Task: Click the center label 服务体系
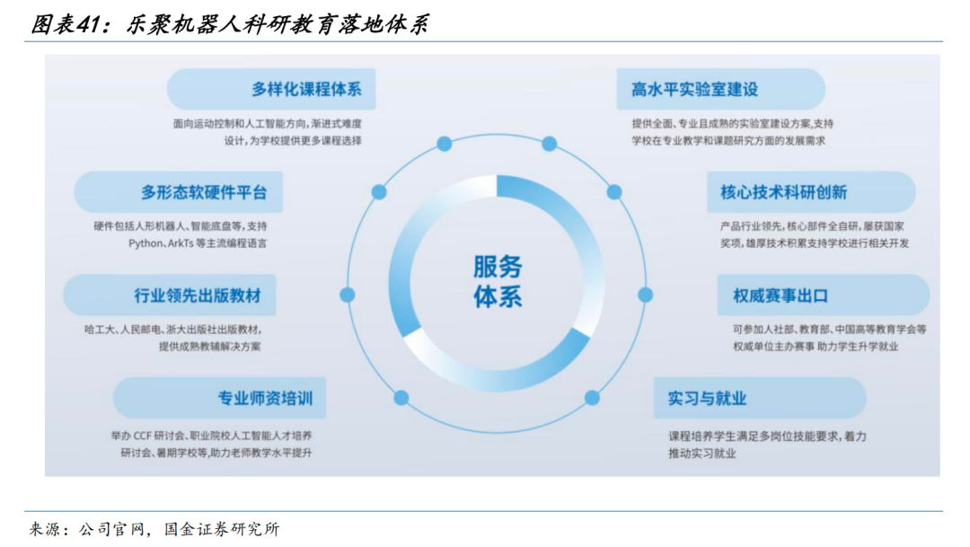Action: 497,280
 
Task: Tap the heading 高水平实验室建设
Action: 694,90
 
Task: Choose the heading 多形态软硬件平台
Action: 204,192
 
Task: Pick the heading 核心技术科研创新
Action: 783,192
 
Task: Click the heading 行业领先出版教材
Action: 191,296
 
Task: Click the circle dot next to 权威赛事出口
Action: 645,295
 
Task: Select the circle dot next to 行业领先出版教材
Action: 348,295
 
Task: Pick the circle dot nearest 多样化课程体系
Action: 444,144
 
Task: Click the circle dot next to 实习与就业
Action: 592,398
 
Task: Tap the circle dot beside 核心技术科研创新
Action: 614,192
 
